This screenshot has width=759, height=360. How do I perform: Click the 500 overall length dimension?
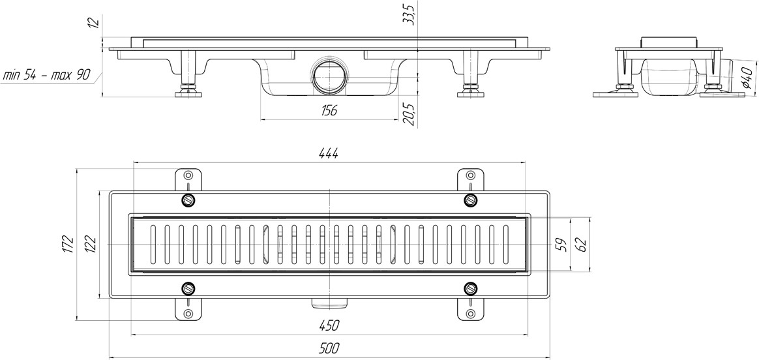click(329, 348)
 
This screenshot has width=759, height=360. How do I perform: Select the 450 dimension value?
click(329, 325)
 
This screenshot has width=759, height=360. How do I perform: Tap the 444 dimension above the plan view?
click(329, 153)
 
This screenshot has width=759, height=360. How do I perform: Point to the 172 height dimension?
click(68, 244)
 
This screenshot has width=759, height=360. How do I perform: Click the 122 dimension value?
click(92, 244)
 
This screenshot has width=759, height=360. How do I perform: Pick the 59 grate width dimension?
click(561, 245)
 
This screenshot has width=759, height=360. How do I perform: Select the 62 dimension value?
click(582, 245)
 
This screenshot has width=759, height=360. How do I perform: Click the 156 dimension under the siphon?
click(329, 111)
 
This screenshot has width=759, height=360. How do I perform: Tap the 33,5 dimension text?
click(410, 13)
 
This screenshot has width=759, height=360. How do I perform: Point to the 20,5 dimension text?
click(410, 115)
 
